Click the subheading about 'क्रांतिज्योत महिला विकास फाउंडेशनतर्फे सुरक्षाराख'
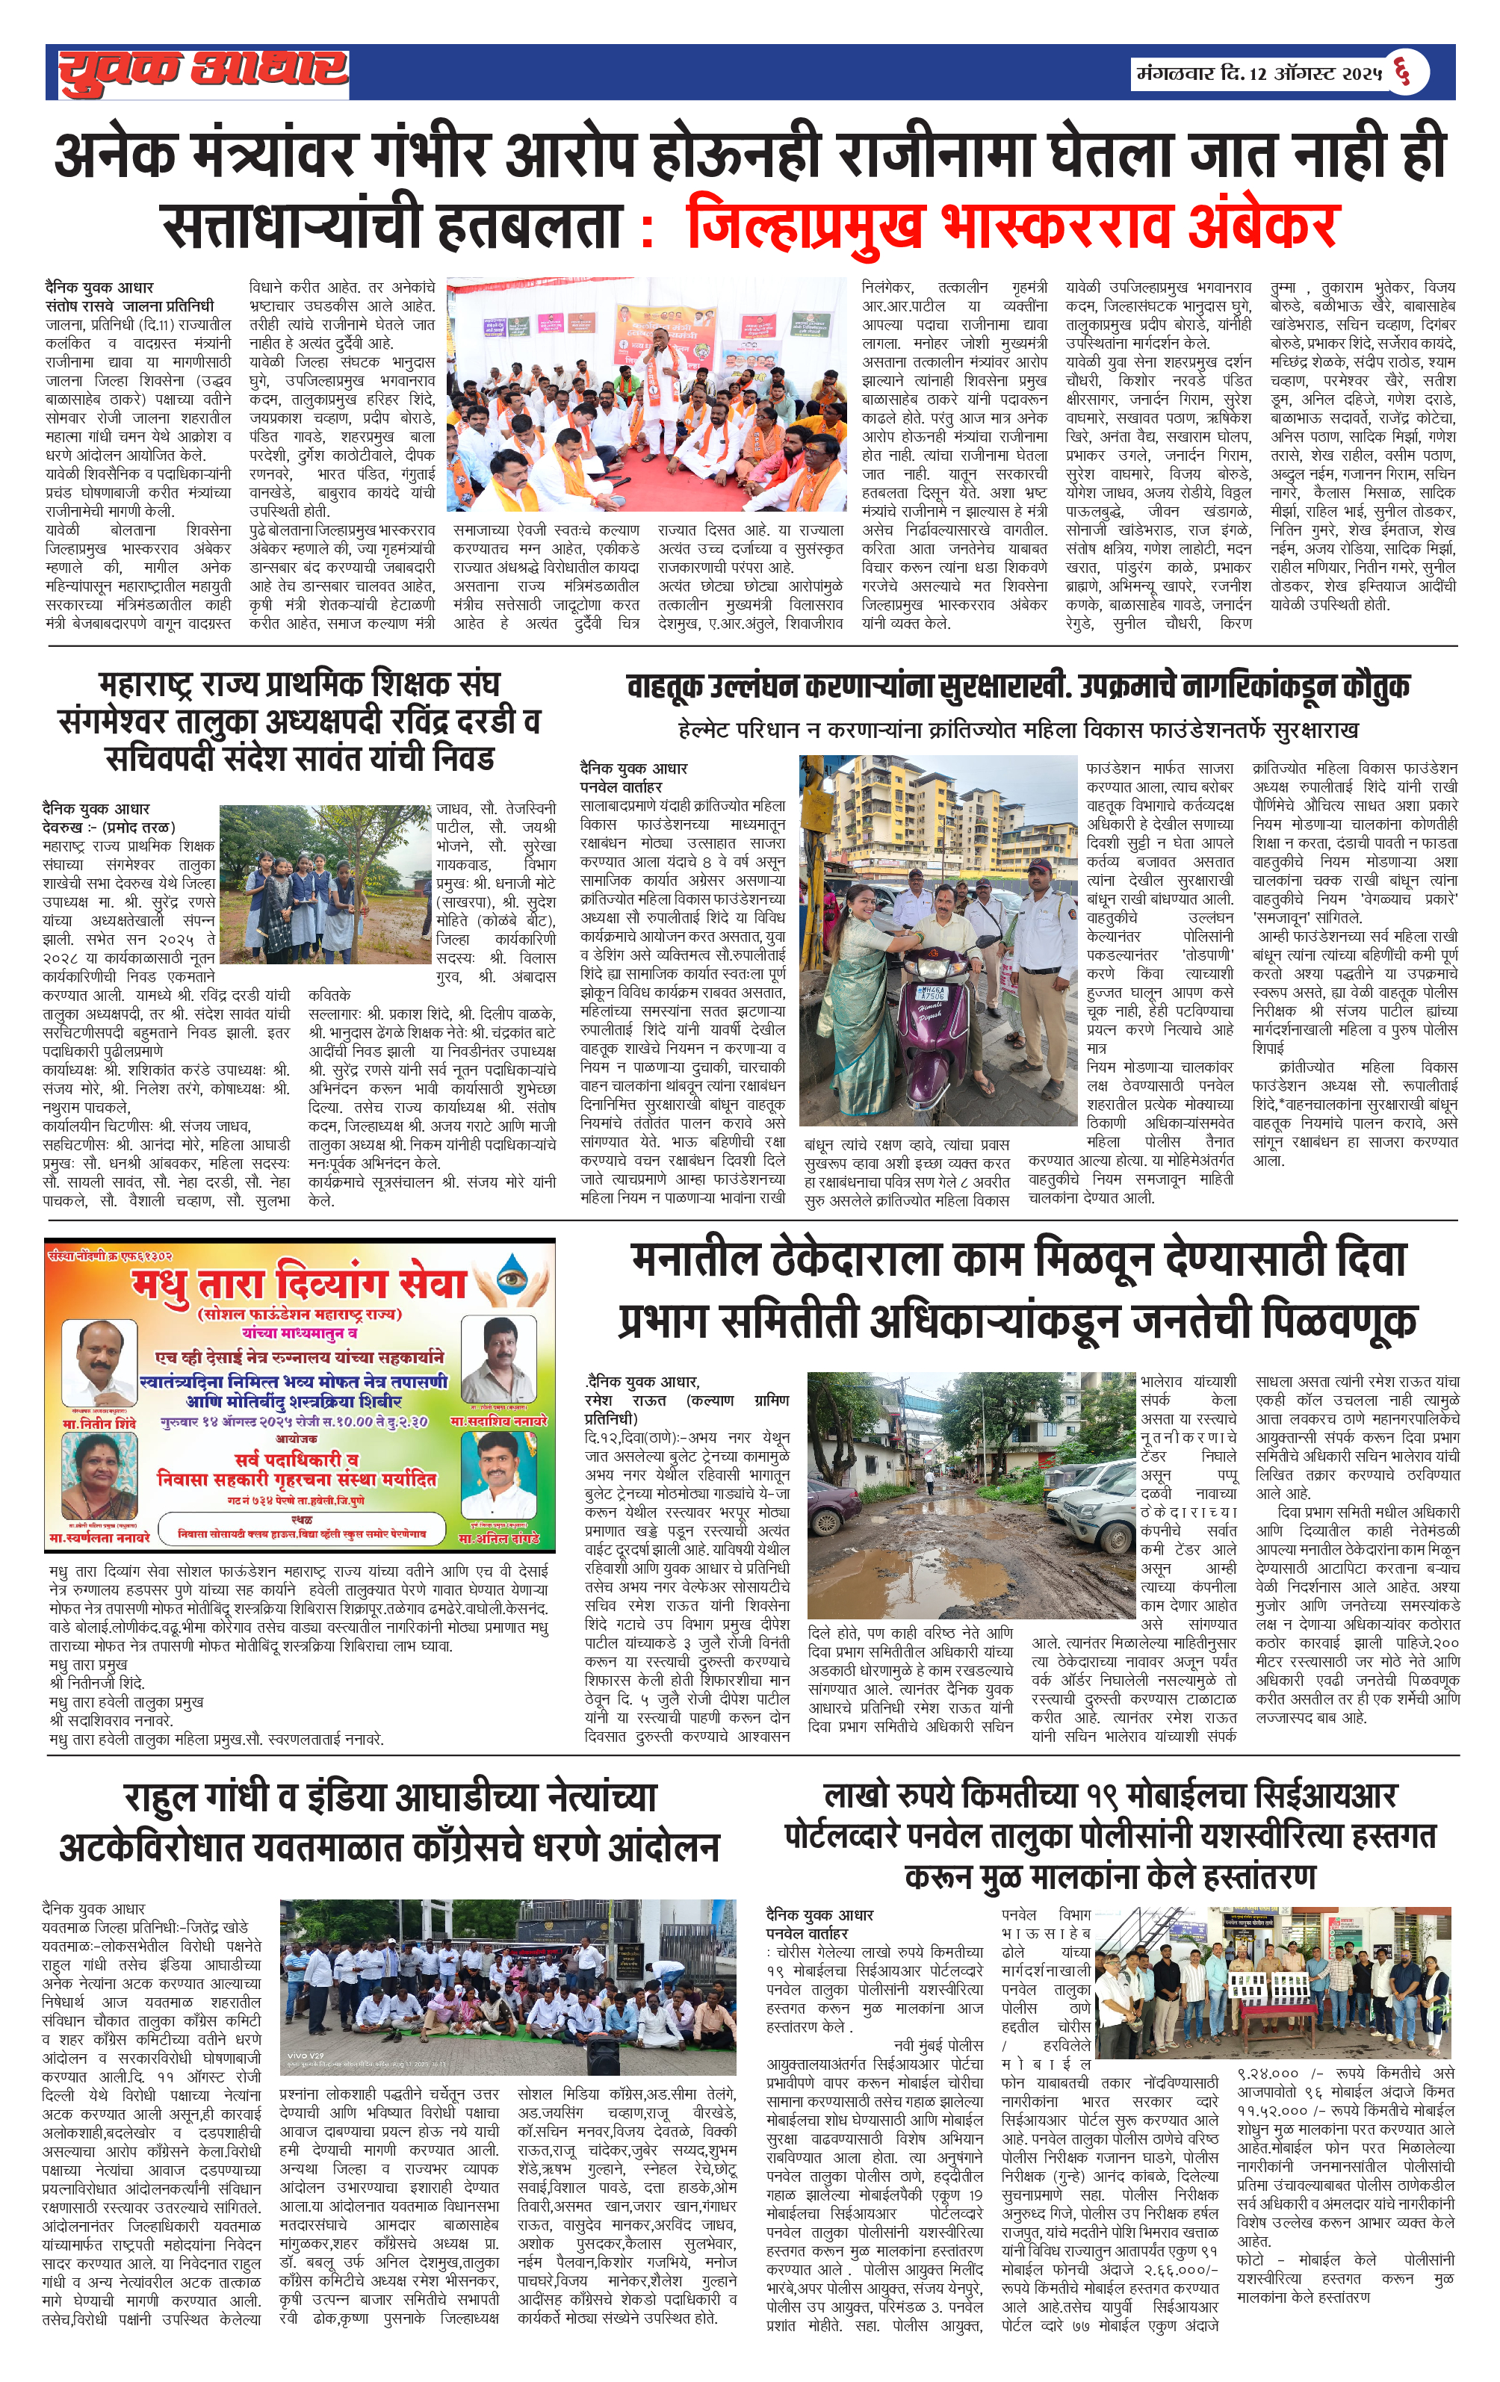pyautogui.click(x=1017, y=730)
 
